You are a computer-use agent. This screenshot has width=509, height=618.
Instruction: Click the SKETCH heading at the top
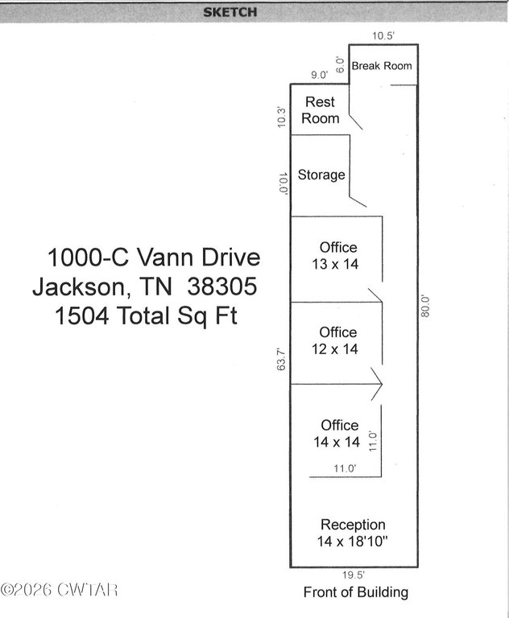(x=230, y=12)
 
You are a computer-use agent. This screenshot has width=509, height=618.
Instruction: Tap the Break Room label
(x=382, y=66)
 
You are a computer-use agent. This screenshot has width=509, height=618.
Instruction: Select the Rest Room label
(x=321, y=110)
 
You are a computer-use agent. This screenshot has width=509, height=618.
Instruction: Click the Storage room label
(x=321, y=175)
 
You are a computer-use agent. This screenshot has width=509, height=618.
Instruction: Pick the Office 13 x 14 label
(x=335, y=256)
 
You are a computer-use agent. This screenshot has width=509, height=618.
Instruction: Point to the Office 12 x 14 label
(x=335, y=341)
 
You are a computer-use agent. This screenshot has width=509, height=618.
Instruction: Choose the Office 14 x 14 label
(x=337, y=434)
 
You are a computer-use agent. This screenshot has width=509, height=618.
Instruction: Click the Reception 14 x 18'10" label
(x=353, y=533)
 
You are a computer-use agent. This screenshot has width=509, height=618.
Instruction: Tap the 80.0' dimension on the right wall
(x=425, y=307)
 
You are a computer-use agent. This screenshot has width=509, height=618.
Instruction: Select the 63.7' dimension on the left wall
(x=281, y=359)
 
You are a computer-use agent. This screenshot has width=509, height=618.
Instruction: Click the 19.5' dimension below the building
(x=353, y=575)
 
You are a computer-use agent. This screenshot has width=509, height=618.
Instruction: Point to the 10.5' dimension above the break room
(x=383, y=36)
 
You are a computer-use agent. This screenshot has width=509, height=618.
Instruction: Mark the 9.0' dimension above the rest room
(x=319, y=75)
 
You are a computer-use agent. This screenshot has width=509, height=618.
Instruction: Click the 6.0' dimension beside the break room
(x=340, y=65)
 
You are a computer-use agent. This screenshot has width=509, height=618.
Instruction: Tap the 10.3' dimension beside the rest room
(x=281, y=117)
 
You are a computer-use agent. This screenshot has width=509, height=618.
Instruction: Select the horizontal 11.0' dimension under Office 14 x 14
(x=345, y=468)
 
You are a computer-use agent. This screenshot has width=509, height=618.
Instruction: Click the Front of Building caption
(x=355, y=592)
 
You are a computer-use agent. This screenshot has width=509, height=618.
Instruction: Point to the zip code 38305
(x=222, y=286)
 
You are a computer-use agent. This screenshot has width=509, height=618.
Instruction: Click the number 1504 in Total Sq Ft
(x=81, y=315)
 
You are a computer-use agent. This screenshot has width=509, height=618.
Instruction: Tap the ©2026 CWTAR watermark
(x=59, y=590)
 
